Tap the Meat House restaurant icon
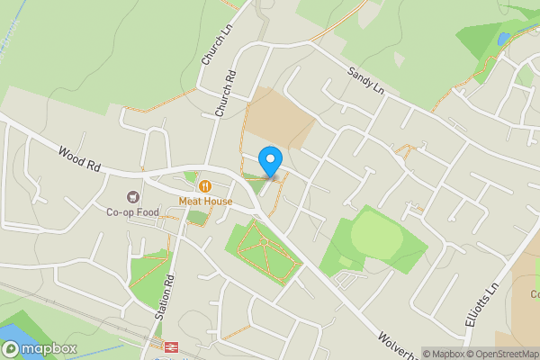pyautogui.click(x=205, y=186)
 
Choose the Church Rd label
pyautogui.click(x=225, y=94)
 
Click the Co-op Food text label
pyautogui.click(x=132, y=213)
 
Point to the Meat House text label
pyautogui.click(x=205, y=202)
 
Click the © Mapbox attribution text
pyautogui.click(x=445, y=354)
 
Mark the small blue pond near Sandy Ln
pyautogui.click(x=501, y=39)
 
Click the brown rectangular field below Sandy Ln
pyautogui.click(x=278, y=117)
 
